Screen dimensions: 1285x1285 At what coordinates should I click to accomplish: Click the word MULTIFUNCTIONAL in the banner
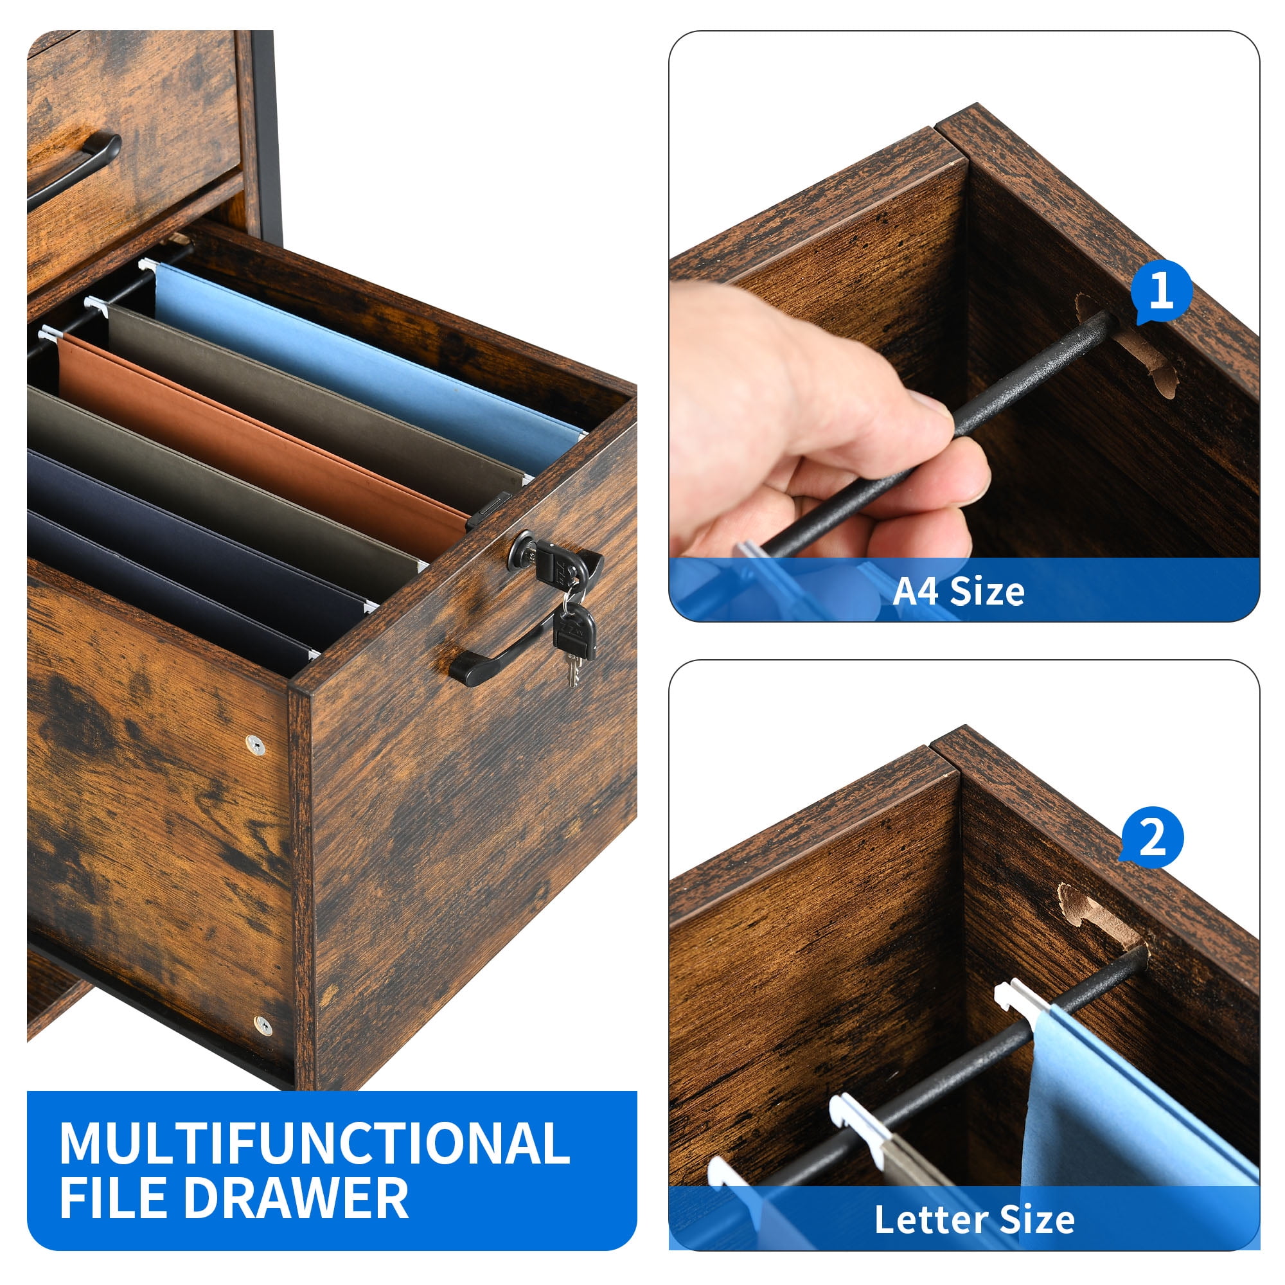[x=315, y=1142]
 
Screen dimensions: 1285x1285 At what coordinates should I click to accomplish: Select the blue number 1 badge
[x=1161, y=291]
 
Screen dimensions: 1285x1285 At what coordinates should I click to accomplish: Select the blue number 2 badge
[x=1152, y=837]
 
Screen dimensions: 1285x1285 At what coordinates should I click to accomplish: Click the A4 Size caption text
[x=958, y=590]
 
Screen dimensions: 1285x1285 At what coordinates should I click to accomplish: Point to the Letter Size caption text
[x=974, y=1219]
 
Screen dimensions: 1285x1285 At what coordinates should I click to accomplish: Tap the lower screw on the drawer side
[x=263, y=1025]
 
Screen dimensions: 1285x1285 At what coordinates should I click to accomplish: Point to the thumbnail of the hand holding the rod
[x=964, y=326]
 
